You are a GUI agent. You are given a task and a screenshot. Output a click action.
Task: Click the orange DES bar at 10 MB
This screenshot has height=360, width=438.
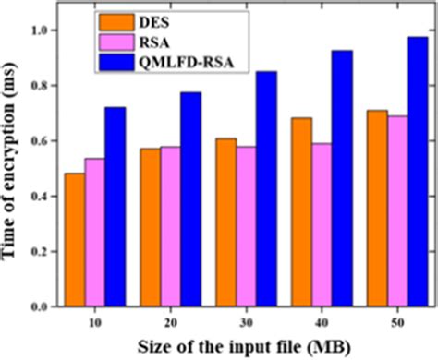(x=75, y=240)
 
